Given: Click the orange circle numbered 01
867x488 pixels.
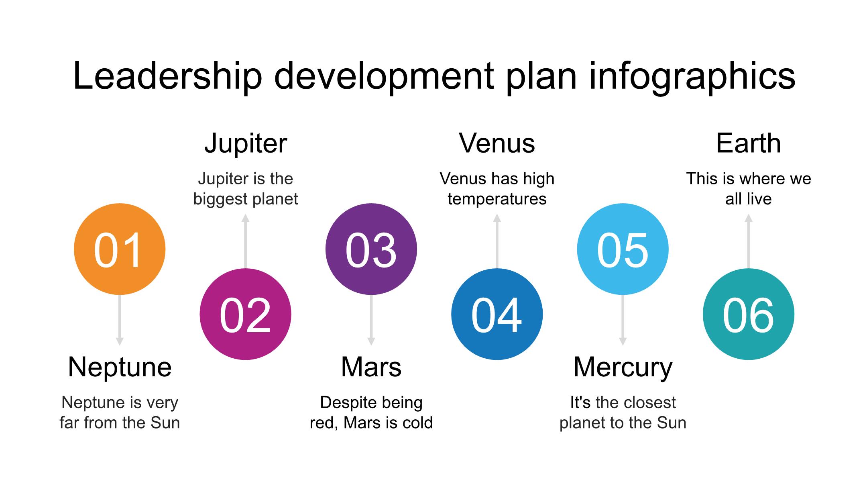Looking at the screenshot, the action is click(x=120, y=249).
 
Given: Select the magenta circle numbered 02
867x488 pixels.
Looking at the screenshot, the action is click(x=245, y=314).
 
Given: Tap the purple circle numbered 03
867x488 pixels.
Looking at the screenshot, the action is click(x=371, y=249).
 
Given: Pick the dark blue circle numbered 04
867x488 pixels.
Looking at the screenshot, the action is click(x=497, y=314).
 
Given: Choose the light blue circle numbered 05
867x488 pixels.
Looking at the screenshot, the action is click(x=623, y=249).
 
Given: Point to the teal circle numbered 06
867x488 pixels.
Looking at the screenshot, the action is click(x=749, y=314).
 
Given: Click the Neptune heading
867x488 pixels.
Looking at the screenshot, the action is click(x=120, y=368).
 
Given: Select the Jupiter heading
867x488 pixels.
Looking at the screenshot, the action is click(x=246, y=144).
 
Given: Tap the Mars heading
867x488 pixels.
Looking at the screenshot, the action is click(x=371, y=367).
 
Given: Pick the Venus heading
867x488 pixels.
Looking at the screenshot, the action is click(x=497, y=143).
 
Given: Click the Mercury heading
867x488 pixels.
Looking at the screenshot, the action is click(x=623, y=368).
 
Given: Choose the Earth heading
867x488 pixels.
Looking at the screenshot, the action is click(x=749, y=143).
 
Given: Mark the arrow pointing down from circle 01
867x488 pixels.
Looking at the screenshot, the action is click(x=120, y=320).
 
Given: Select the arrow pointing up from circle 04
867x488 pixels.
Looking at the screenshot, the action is click(x=497, y=241).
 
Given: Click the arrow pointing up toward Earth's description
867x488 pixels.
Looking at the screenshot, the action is click(x=749, y=241).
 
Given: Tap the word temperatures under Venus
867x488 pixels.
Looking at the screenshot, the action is click(x=497, y=199).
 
